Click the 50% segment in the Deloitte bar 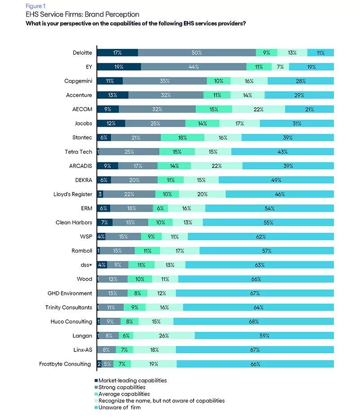(x=197, y=53)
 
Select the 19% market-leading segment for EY (x=119, y=67)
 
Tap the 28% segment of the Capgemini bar (x=301, y=81)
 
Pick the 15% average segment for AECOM (x=214, y=109)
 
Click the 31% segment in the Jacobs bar (x=297, y=124)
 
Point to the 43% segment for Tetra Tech (x=282, y=152)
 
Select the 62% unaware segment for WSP (x=261, y=236)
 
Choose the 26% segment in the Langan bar (x=164, y=335)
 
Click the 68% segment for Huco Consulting (x=253, y=321)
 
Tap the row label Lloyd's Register (x=72, y=194)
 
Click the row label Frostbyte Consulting (x=64, y=364)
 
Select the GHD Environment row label (x=70, y=293)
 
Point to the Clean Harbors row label (x=74, y=222)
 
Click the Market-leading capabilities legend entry (x=132, y=380)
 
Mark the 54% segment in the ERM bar (x=269, y=209)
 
